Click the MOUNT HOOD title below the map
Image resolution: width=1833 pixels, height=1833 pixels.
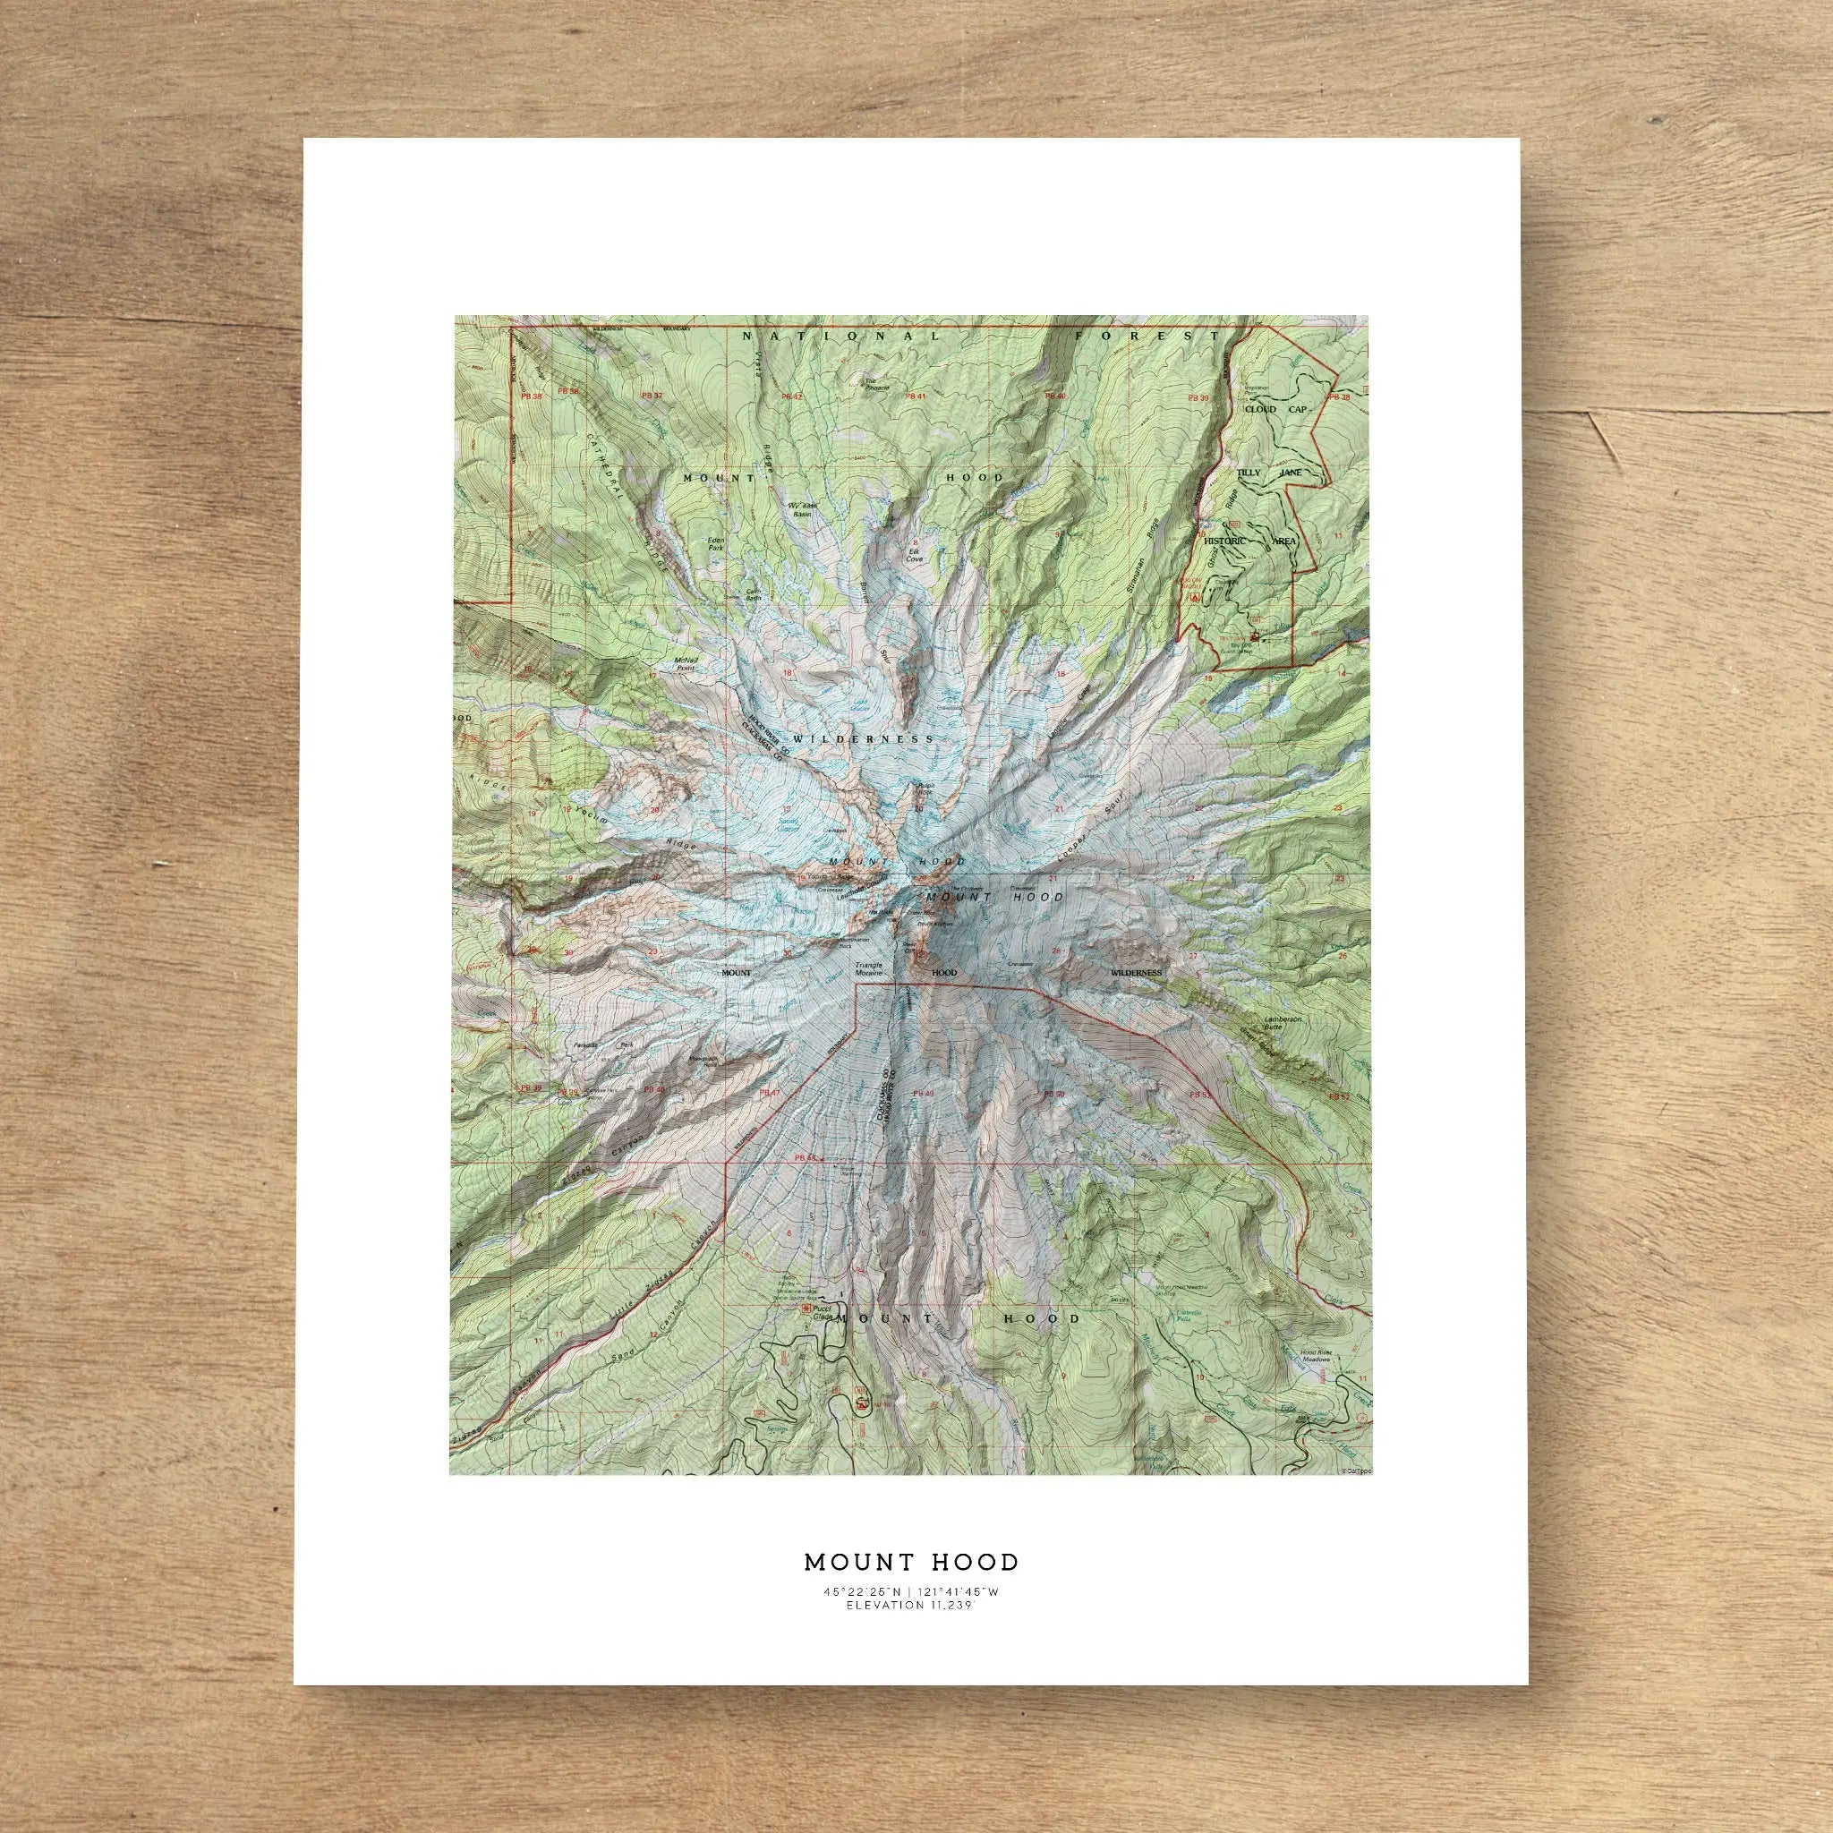(912, 1562)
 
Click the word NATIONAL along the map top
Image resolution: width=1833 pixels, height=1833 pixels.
(841, 336)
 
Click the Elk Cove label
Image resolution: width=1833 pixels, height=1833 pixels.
(915, 555)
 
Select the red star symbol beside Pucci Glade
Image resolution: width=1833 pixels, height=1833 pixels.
(806, 1309)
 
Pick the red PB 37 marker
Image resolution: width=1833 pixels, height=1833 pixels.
(651, 395)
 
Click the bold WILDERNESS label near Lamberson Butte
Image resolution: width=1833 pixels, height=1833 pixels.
(1137, 973)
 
